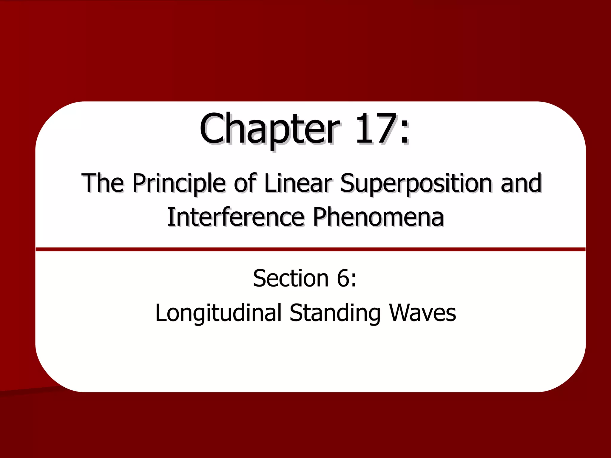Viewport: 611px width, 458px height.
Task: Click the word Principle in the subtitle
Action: point(179,183)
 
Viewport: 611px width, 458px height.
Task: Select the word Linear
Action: point(298,183)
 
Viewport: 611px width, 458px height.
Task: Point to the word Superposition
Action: point(416,184)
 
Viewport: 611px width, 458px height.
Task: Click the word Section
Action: point(291,278)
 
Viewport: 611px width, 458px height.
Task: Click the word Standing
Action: point(335,313)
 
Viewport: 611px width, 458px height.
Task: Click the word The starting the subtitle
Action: point(103,183)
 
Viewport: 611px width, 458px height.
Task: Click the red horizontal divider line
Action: point(310,249)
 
